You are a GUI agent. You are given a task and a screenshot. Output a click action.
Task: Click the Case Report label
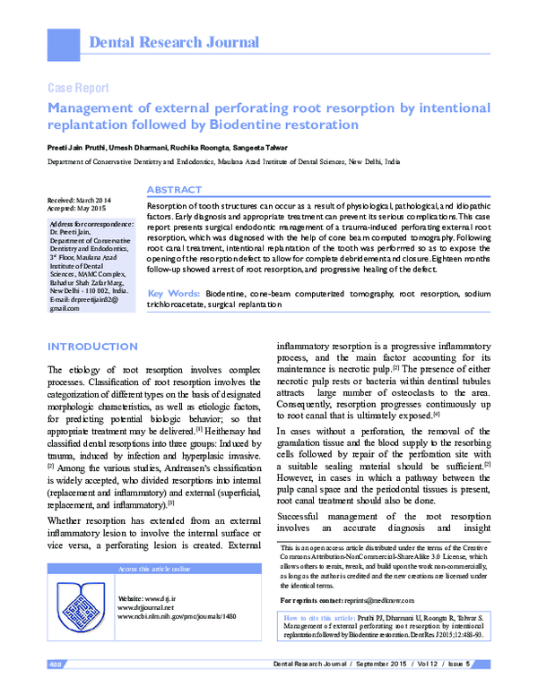point(77,88)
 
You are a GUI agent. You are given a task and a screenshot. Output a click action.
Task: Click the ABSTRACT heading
point(174,191)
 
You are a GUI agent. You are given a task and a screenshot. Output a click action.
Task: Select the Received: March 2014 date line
point(80,200)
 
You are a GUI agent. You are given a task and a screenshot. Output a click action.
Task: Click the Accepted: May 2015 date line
point(78,208)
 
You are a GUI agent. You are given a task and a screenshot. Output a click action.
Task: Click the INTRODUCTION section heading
point(92,347)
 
